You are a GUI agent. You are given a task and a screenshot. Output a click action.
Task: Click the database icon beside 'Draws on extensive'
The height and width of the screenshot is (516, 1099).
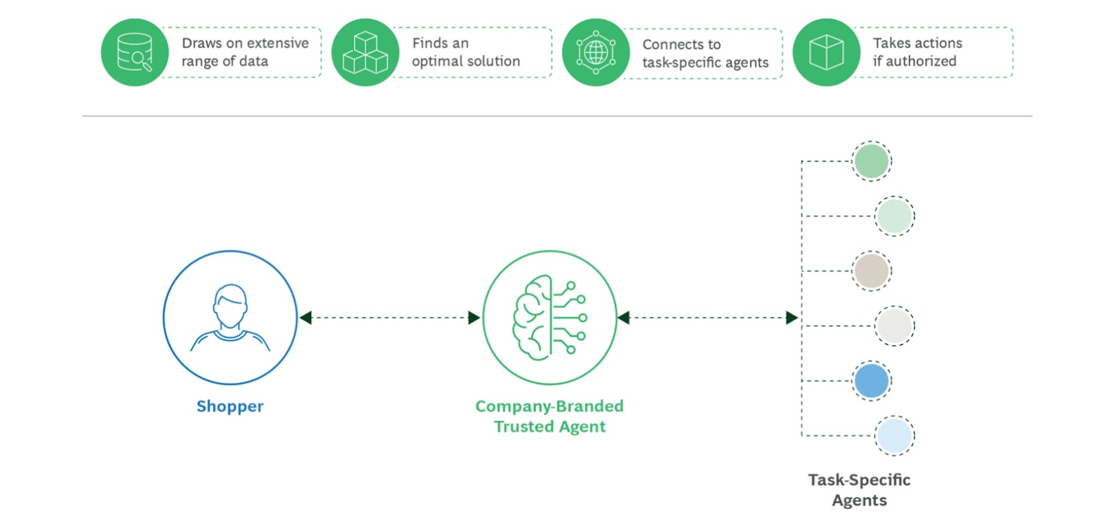point(135,52)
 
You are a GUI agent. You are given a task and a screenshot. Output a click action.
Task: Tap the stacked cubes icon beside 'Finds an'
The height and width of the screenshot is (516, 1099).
point(365,52)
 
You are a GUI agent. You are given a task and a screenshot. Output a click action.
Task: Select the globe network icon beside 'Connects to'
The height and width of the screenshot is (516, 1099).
point(596,52)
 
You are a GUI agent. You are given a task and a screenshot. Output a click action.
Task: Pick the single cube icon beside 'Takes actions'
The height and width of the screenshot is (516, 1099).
point(826,52)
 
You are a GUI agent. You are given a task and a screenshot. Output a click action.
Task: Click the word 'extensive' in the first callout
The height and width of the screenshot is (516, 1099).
point(277,43)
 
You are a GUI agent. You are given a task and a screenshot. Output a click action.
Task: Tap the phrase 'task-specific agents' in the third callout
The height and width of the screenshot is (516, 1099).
point(705,63)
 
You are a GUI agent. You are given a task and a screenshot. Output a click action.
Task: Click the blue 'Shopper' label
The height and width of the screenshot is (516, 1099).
point(230,406)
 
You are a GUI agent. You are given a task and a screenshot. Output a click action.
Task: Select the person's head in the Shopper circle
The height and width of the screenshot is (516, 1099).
point(230,305)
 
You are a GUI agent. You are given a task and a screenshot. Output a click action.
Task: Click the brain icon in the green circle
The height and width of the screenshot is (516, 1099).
point(534,317)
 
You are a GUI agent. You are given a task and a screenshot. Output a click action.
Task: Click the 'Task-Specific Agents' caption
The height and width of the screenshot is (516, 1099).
point(859,489)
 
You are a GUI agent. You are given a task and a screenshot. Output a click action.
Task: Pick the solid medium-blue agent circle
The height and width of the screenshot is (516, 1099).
point(872,381)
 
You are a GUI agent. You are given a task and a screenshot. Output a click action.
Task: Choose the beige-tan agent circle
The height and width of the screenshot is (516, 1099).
point(872,271)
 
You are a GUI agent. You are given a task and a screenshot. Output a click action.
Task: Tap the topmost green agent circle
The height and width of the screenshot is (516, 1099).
point(872,161)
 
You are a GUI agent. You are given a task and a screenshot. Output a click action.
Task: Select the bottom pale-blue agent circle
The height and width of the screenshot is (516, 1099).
point(894,436)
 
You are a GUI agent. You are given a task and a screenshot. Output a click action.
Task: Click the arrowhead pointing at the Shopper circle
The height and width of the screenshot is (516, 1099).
point(306,317)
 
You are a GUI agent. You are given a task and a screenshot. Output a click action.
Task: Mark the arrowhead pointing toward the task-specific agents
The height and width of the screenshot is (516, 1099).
point(791,317)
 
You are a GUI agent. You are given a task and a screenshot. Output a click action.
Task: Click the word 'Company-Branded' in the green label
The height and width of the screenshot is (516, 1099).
point(549,406)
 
